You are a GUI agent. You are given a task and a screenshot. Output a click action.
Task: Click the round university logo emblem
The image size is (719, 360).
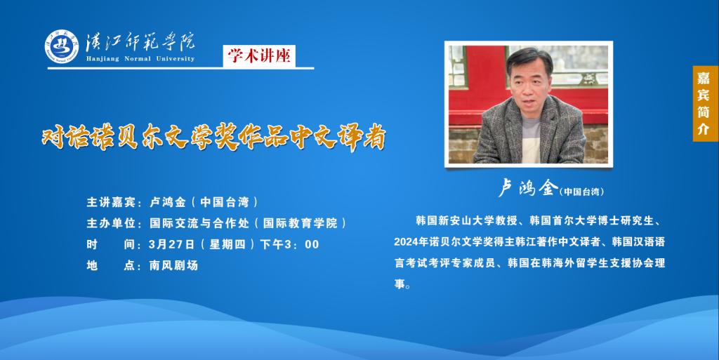(x=62, y=47)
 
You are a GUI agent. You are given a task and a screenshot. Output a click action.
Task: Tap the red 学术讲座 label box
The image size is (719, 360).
(x=259, y=56)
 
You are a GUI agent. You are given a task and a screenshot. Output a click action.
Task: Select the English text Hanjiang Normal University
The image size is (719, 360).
(x=140, y=59)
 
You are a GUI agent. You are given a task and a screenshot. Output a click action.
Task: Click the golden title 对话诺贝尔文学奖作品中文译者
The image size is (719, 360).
(x=213, y=136)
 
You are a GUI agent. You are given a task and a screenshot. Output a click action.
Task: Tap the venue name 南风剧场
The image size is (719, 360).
(x=173, y=266)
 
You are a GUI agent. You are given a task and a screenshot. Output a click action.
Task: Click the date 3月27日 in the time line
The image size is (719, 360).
(x=172, y=245)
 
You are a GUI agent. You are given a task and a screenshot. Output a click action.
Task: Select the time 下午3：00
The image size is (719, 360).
(x=289, y=245)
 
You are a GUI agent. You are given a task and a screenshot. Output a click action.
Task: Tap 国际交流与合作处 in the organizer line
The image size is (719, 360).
(x=199, y=223)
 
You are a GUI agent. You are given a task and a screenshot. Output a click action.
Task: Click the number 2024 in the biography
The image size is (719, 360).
(x=405, y=242)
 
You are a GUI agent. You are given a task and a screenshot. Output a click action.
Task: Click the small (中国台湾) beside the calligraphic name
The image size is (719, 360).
(x=582, y=192)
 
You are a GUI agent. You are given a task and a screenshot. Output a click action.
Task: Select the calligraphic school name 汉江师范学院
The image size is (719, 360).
(x=140, y=42)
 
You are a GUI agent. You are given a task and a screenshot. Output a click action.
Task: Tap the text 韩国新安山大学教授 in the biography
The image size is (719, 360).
(x=466, y=221)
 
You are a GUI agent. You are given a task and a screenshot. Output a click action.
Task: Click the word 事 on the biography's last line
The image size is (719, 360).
(x=400, y=284)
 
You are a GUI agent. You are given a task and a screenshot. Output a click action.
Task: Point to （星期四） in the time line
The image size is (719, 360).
(x=227, y=245)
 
